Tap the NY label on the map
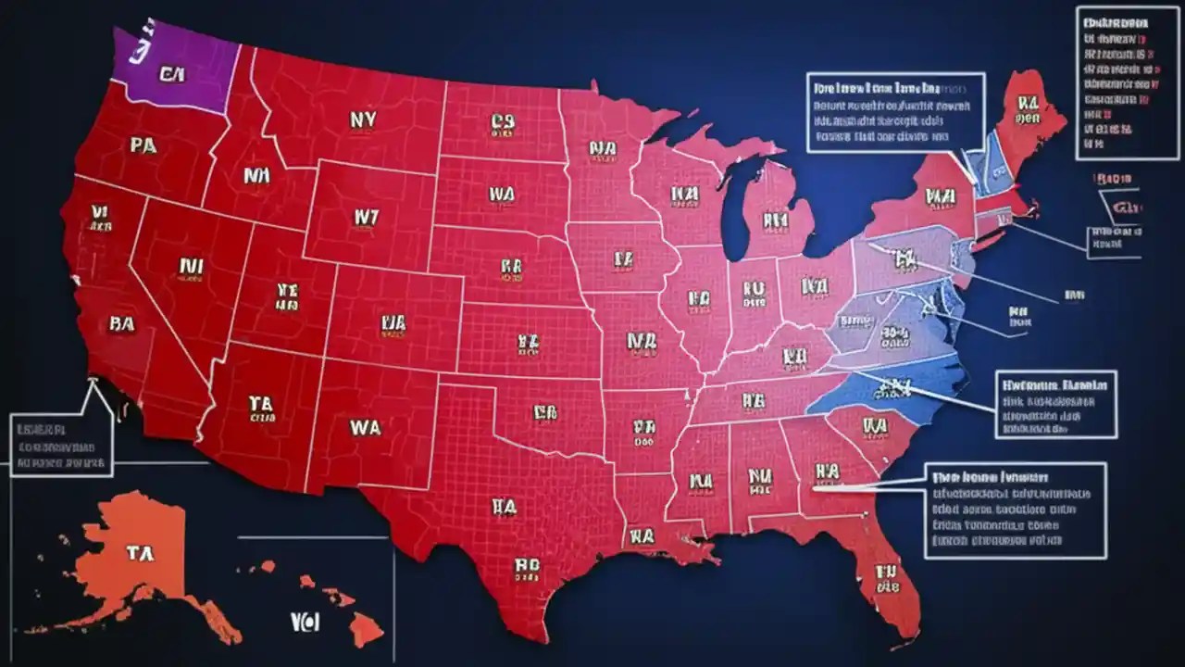(363, 119)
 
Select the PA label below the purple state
(143, 145)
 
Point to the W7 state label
(367, 216)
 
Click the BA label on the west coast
(121, 323)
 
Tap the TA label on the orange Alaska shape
(139, 553)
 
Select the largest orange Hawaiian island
(366, 629)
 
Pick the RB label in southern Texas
(526, 565)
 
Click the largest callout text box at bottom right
(1015, 510)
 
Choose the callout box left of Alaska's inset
(60, 445)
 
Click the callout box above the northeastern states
(894, 112)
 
